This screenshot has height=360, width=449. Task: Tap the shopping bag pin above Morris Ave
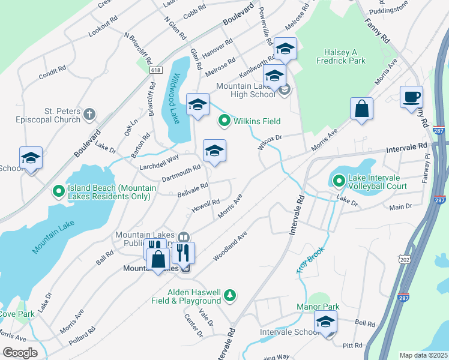[x=361, y=110]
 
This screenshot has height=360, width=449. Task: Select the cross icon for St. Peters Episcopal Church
[x=89, y=113]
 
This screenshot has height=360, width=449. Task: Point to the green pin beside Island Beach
[x=59, y=191]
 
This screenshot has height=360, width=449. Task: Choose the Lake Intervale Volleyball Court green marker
[x=339, y=180]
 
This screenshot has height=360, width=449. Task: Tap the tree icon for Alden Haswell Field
[x=229, y=295]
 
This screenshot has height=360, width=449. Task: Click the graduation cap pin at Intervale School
[x=325, y=324]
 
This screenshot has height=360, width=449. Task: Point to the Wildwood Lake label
[x=175, y=92]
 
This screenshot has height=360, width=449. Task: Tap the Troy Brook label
[x=311, y=260]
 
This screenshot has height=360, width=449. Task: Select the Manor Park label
[x=318, y=307]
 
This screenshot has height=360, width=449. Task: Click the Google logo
[x=20, y=352]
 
